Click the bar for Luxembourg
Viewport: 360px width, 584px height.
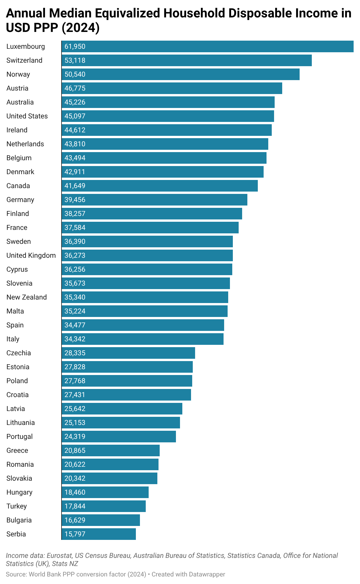[x=208, y=46]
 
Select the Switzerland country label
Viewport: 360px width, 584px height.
[x=24, y=60]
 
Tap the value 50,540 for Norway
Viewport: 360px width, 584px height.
[x=75, y=74]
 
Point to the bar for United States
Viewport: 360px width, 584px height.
[x=168, y=116]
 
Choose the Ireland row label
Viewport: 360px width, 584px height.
[x=17, y=130]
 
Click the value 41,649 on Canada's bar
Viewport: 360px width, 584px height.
[x=75, y=186]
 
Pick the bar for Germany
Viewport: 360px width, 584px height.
[x=154, y=200]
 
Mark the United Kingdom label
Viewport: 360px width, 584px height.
[x=31, y=255]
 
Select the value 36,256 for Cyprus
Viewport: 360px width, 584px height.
[x=75, y=269]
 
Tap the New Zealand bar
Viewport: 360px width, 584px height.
[x=145, y=297]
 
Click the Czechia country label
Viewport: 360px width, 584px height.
[x=19, y=353]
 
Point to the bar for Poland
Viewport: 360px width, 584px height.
[x=127, y=381]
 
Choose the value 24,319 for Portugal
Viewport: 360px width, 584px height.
[x=75, y=437]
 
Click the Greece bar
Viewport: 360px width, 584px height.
[x=111, y=450]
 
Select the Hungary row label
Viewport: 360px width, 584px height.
[x=19, y=492]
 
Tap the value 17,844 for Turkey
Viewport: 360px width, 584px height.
[x=75, y=506]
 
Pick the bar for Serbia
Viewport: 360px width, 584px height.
[x=99, y=534]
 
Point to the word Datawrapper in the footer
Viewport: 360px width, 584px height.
[x=207, y=574]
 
